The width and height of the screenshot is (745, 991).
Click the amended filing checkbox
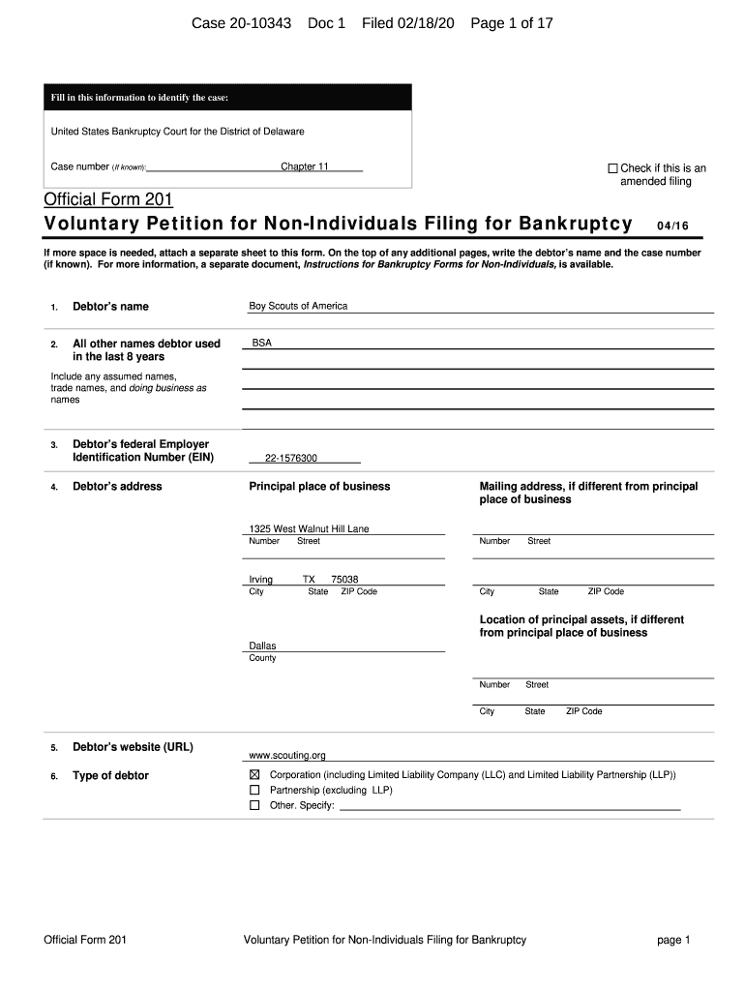tap(612, 168)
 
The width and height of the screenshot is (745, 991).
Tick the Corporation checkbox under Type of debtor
tap(254, 775)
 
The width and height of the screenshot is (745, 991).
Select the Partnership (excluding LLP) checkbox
tap(254, 790)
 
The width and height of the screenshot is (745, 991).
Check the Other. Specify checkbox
tap(254, 805)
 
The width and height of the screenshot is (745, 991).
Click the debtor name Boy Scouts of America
tap(298, 306)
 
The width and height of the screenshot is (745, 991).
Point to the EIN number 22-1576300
tap(291, 459)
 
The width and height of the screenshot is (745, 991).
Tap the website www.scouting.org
tap(287, 755)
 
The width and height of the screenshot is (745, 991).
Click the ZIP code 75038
tap(344, 580)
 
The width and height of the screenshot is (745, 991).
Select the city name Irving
tap(261, 580)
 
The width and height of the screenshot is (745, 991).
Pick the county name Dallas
tap(262, 646)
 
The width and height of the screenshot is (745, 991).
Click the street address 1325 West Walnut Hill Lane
tap(309, 529)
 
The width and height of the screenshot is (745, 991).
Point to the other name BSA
tap(262, 343)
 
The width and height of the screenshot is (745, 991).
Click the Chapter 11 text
tap(305, 166)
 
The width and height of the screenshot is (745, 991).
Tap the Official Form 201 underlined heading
tap(108, 199)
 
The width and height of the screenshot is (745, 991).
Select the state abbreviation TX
tap(309, 580)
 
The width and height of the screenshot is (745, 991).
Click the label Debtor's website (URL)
tap(133, 747)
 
